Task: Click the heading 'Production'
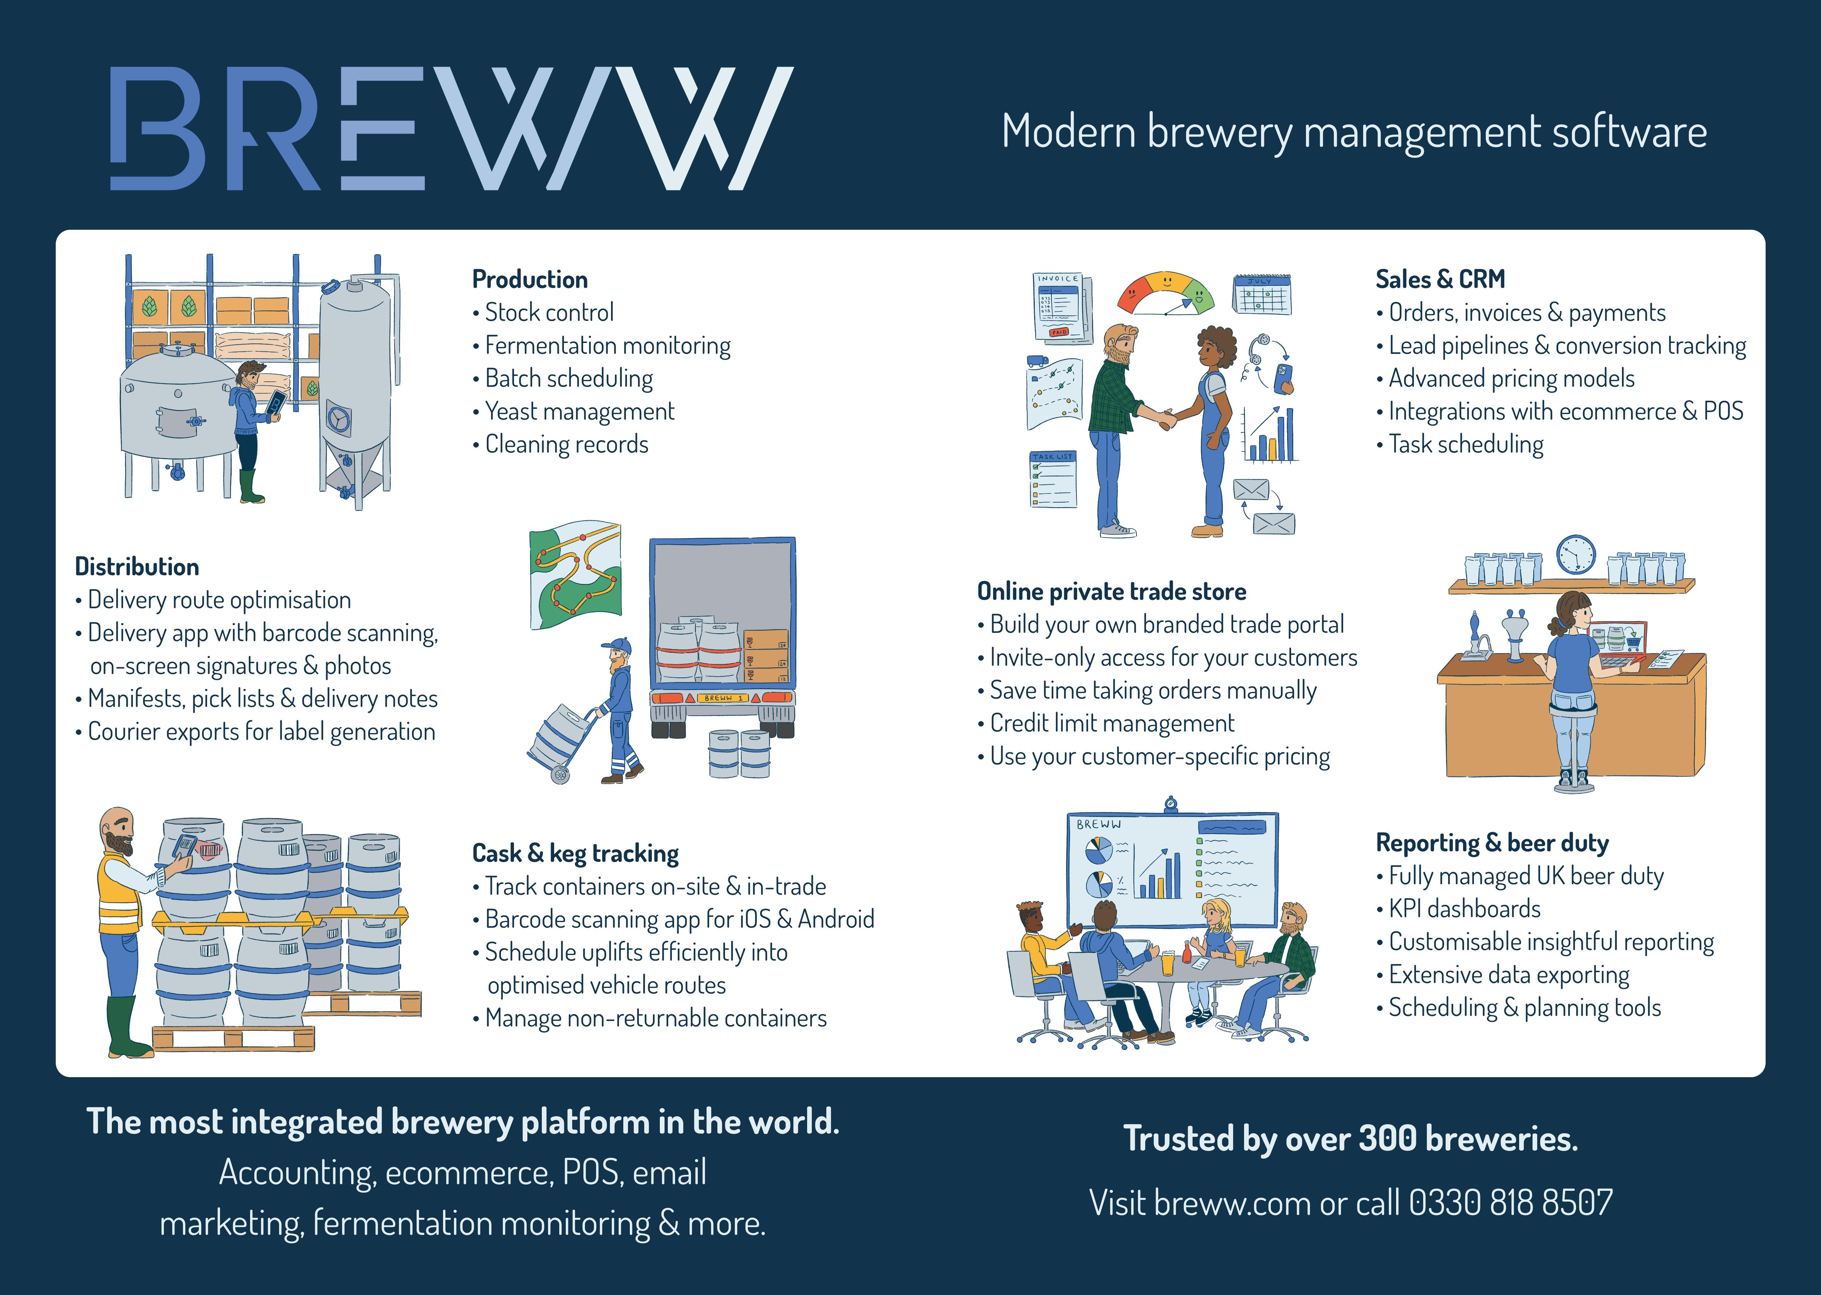pyautogui.click(x=530, y=279)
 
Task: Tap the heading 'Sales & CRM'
pyautogui.click(x=1440, y=279)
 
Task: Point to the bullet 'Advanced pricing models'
pyautogui.click(x=1511, y=379)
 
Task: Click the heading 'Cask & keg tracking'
pyautogui.click(x=575, y=853)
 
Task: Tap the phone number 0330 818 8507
pyautogui.click(x=1510, y=1202)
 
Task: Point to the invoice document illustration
pyautogui.click(x=1061, y=307)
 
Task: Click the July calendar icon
pyautogui.click(x=1262, y=294)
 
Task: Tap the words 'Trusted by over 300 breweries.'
pyautogui.click(x=1350, y=1139)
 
